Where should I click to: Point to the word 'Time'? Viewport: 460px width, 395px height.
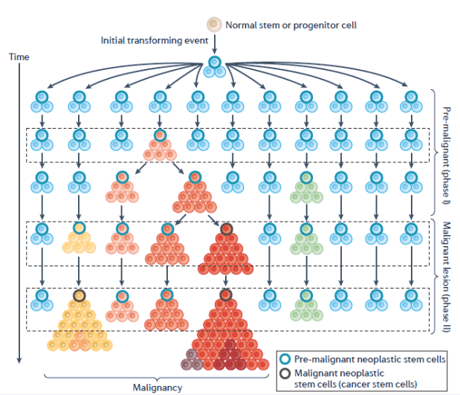tap(18, 57)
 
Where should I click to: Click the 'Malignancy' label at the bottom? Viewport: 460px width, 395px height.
tap(157, 388)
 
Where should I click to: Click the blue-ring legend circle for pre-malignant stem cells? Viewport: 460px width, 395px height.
tap(285, 359)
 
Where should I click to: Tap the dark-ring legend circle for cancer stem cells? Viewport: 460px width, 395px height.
tap(285, 373)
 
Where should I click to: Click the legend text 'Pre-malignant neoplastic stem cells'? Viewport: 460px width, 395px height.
tap(370, 359)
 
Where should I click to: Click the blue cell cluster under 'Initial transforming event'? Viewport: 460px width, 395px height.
tap(214, 67)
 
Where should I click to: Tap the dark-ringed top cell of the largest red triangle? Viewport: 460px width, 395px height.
tap(227, 295)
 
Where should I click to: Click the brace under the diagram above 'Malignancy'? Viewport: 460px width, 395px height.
tap(157, 376)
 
